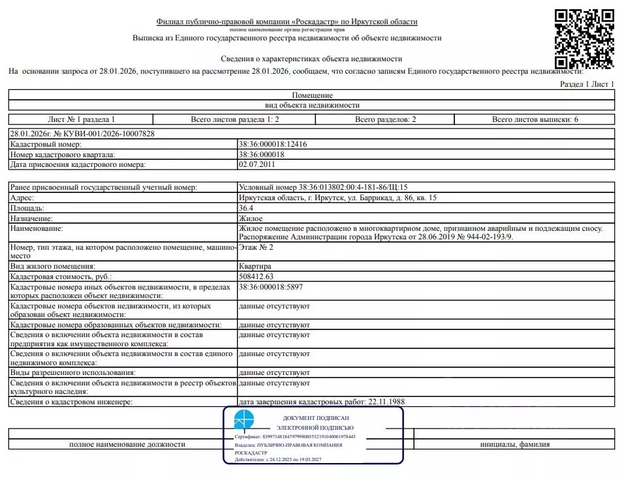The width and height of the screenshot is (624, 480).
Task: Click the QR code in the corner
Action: pyautogui.click(x=584, y=38)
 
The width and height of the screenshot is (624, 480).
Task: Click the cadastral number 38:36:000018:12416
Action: pyautogui.click(x=273, y=144)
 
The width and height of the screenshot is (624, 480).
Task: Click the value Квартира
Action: pyautogui.click(x=256, y=266)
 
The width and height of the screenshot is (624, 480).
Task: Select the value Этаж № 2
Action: pyautogui.click(x=257, y=247)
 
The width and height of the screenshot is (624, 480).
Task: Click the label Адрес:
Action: pyautogui.click(x=23, y=198)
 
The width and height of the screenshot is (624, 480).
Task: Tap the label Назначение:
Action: pyautogui.click(x=32, y=218)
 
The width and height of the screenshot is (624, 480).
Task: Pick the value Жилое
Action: pyautogui.click(x=251, y=218)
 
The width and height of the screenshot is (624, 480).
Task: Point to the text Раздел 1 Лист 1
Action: pyautogui.click(x=587, y=84)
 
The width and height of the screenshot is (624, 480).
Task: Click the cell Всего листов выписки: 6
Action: pyautogui.click(x=535, y=119)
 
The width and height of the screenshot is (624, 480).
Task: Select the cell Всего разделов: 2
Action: pyautogui.click(x=385, y=119)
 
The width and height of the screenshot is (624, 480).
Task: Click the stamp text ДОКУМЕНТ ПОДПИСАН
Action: pyautogui.click(x=316, y=418)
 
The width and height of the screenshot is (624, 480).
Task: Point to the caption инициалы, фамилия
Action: pyautogui.click(x=514, y=444)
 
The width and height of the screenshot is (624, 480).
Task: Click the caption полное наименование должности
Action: pyautogui.click(x=127, y=444)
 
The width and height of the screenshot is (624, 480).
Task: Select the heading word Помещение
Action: pyautogui.click(x=312, y=95)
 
